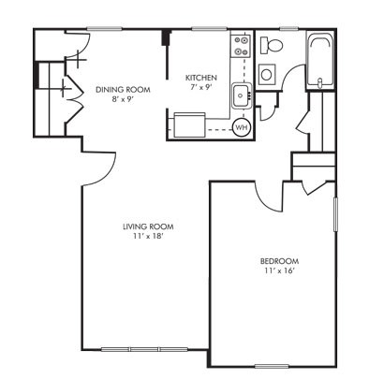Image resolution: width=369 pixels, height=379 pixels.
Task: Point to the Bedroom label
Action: coord(279,260)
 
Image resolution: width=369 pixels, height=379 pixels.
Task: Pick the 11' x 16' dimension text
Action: coord(279,270)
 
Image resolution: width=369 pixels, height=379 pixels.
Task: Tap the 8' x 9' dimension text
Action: coord(116,99)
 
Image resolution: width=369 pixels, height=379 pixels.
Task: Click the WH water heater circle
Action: coord(241,126)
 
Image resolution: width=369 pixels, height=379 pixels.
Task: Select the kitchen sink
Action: coord(241,94)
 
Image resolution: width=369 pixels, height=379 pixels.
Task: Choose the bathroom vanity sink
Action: coord(267,76)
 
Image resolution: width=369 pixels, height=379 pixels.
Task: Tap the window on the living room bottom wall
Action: coord(131,351)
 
